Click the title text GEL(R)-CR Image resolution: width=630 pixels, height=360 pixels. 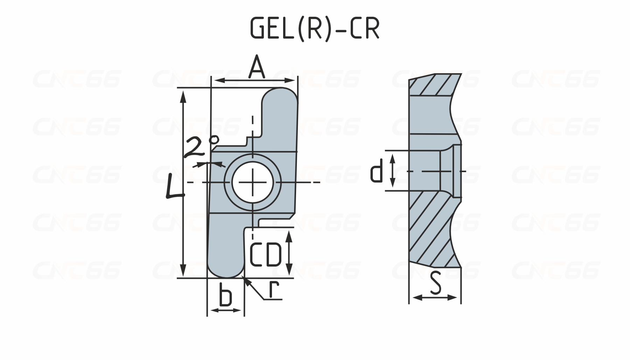tap(315, 28)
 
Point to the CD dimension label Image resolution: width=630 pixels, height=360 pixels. tap(266, 254)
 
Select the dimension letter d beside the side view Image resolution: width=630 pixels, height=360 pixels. tap(377, 171)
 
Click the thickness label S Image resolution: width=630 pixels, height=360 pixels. tap(435, 283)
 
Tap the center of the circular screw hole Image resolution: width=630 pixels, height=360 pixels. tap(253, 182)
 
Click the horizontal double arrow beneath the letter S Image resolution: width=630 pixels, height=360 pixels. tap(435, 298)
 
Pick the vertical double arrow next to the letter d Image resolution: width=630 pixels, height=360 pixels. tap(392, 171)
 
